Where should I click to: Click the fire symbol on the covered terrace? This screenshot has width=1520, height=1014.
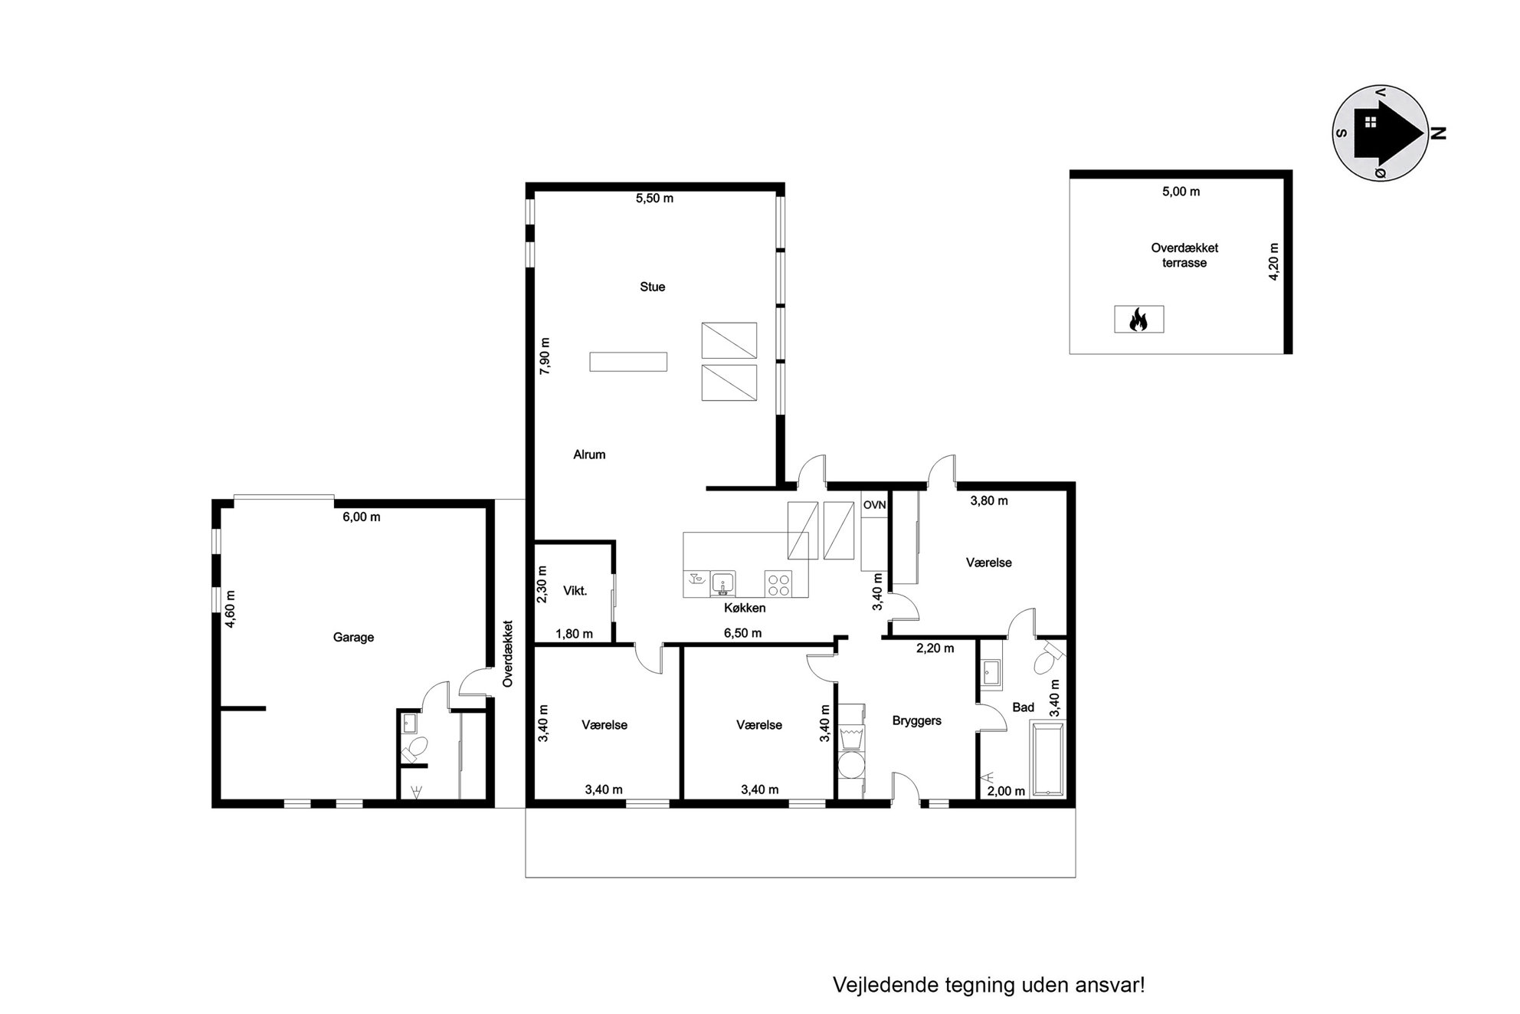1138,319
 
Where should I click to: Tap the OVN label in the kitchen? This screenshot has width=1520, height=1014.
874,505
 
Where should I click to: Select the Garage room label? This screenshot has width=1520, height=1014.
353,637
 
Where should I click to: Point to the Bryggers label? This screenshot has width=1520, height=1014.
917,721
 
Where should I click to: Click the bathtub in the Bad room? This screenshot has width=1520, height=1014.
1047,759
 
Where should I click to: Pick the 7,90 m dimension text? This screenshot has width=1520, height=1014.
545,356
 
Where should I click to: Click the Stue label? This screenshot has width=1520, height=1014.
653,287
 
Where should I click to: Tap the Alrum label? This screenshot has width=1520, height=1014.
589,454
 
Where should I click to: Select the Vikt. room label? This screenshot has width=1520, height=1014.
575,590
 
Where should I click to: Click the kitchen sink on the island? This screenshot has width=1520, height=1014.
722,583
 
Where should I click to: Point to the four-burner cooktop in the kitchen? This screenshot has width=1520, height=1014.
779,584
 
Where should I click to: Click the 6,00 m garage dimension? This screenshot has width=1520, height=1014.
362,517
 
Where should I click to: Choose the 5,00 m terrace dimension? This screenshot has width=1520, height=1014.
1181,192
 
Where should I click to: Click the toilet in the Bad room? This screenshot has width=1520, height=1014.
1047,659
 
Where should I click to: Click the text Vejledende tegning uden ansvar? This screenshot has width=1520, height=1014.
989,985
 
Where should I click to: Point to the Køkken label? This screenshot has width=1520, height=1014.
745,609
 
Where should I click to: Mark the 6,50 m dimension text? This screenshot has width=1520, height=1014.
743,634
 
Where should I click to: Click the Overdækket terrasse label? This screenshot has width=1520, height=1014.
1184,255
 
